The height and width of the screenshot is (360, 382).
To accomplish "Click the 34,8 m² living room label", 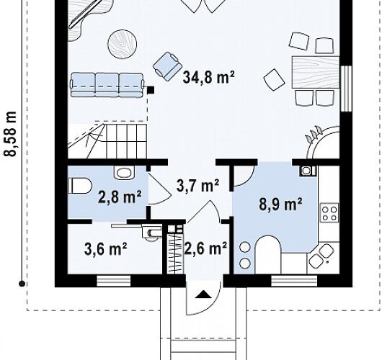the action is coord(208,77).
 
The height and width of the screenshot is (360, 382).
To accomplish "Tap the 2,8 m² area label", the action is coord(120,197).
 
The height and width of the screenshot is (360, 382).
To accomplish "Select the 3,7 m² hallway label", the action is coord(197,186).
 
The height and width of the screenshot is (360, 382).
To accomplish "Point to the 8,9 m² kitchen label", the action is coord(280,204).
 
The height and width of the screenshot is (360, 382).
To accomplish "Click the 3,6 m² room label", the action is coord(105,249).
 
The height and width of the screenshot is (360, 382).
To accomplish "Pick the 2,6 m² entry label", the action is coord(206,248).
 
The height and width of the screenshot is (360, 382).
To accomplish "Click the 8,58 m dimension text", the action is coord(10,134).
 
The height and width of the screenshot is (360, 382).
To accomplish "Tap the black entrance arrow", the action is coord(204,294).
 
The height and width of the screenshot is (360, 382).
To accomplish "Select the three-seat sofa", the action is coord(107,84).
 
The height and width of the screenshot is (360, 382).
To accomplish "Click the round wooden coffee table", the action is coord(122,44).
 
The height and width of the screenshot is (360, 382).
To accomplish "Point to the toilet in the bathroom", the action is coord(80,186).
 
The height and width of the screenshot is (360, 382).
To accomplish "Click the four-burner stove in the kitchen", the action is coord(329,212).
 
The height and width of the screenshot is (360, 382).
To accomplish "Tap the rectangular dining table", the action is coord(316,72).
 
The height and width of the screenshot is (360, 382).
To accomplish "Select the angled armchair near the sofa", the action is coord(168,66).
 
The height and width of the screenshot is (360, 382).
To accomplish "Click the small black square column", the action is coord(151,90).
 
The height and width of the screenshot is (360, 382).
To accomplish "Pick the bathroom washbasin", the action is coord(125,173).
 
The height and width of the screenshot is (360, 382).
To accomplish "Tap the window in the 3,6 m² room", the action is coord(114,281).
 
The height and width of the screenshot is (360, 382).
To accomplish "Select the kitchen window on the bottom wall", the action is coord(294,281).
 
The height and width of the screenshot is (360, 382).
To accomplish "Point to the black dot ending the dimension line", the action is coord(22,284).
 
